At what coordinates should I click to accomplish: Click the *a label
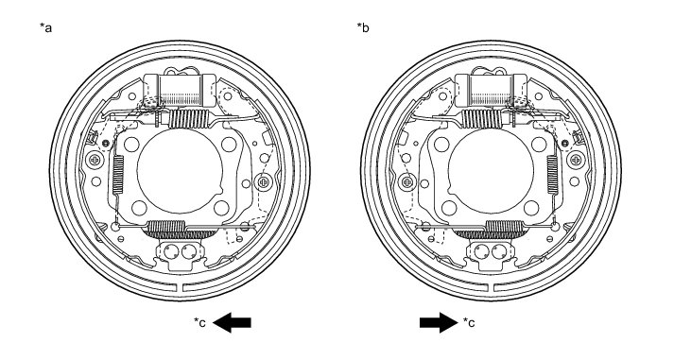point(45,28)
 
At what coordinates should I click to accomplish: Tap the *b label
point(363,28)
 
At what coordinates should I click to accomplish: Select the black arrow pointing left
point(232,322)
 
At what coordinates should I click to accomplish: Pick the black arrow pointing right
point(439,322)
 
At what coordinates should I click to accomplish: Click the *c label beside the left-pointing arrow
point(199,322)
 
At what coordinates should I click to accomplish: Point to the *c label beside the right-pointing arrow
point(469,322)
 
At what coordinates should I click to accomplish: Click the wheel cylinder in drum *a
point(180,90)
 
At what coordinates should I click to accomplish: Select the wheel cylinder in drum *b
point(491,90)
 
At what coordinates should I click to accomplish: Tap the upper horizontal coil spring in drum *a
point(188,118)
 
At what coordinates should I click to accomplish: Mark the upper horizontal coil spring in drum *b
point(482,118)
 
